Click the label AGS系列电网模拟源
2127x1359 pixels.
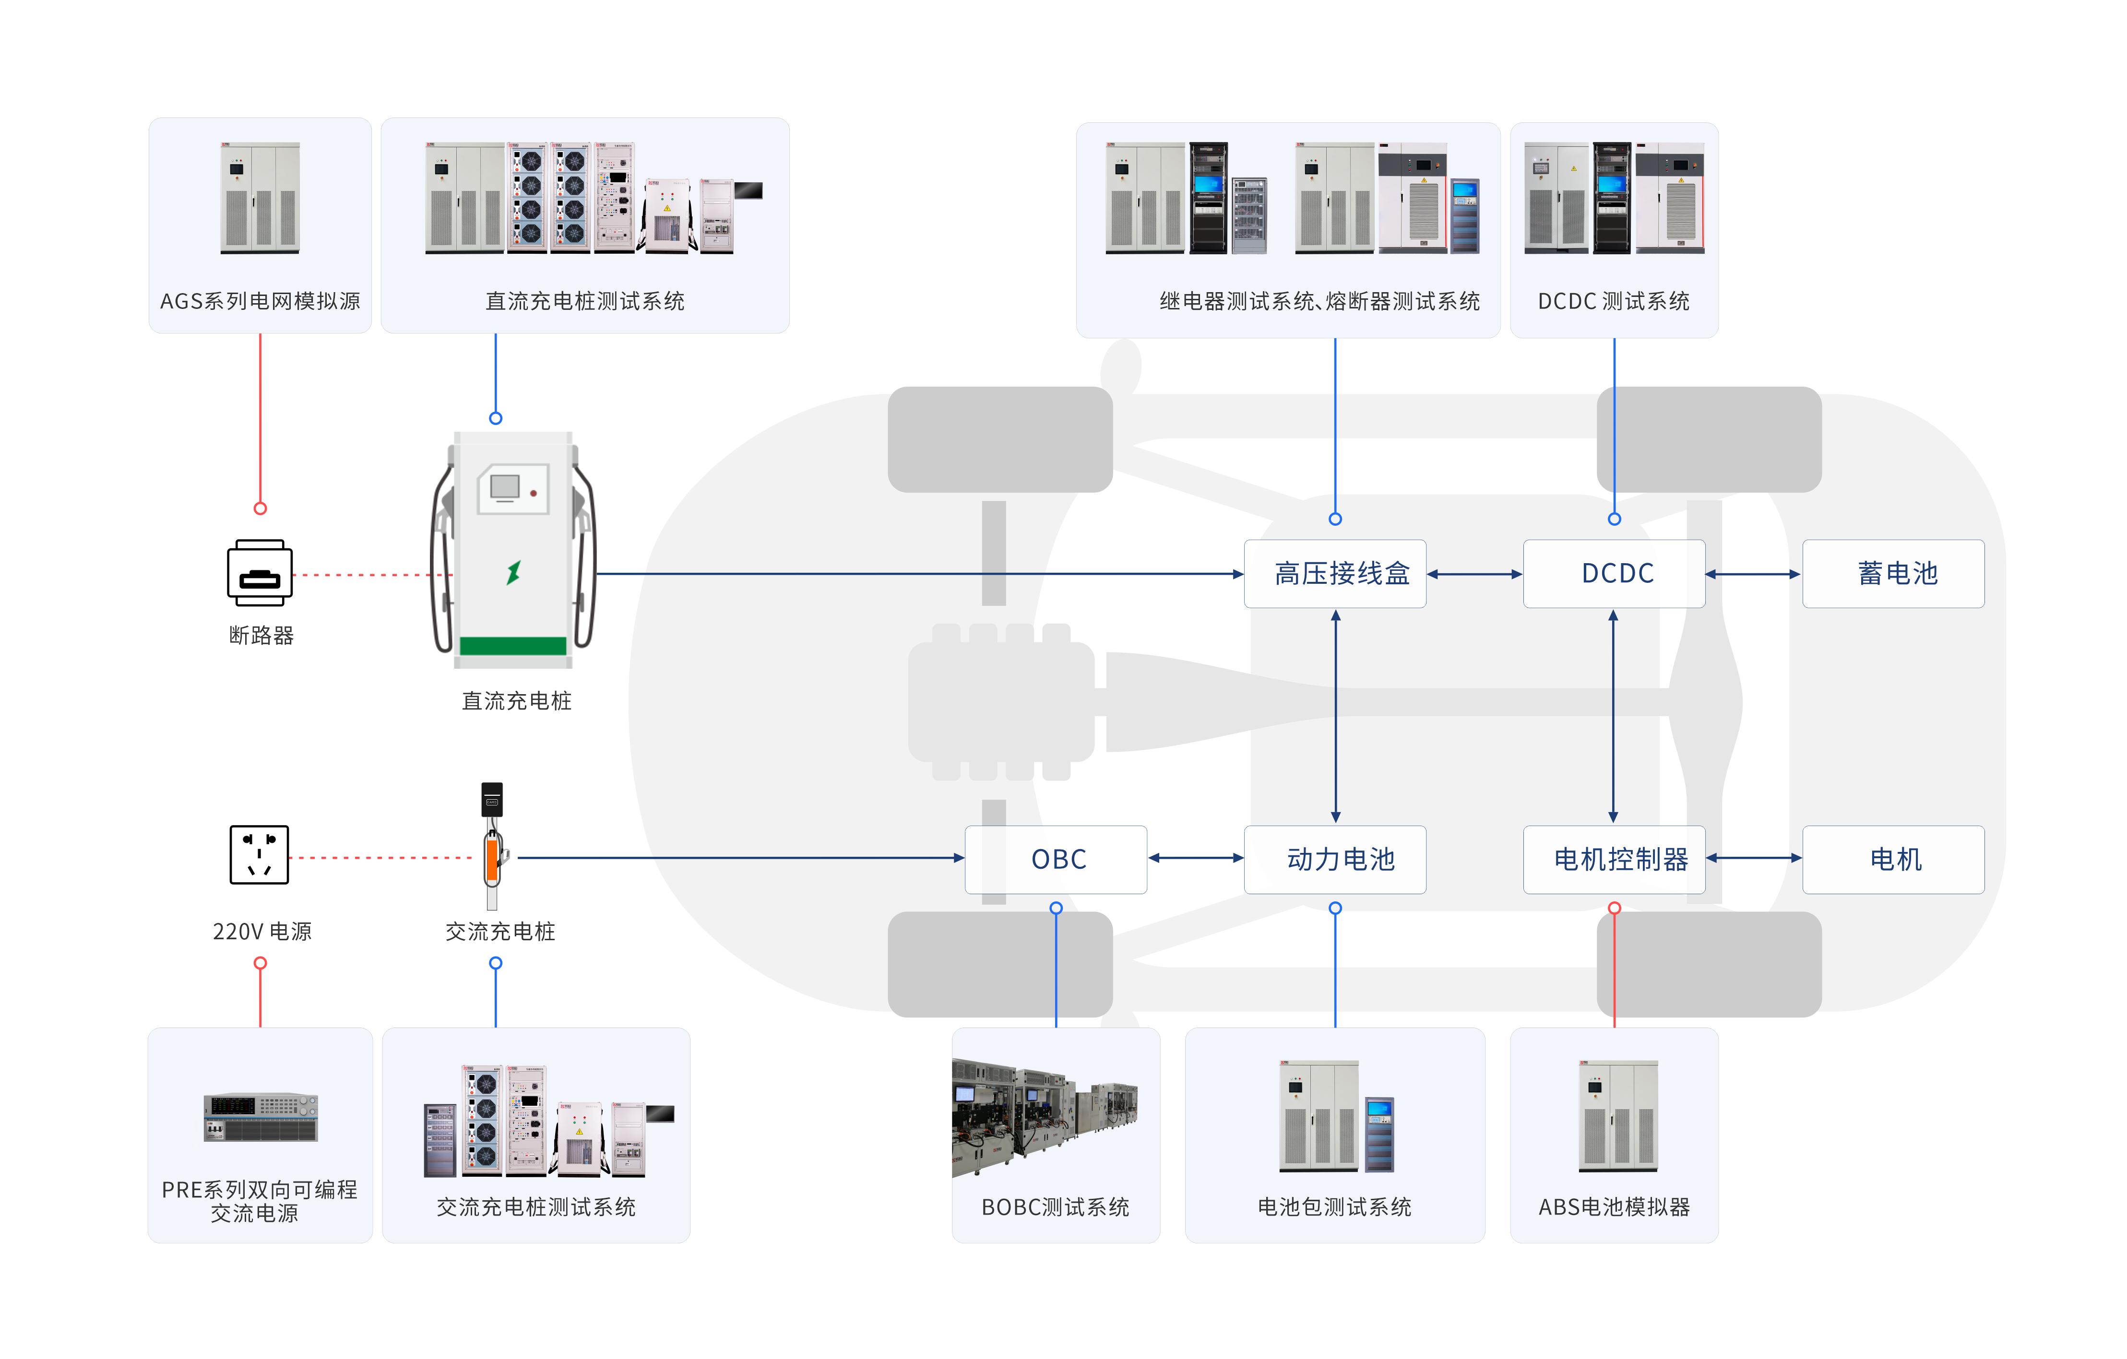[260, 301]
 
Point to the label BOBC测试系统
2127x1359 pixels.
[1056, 1207]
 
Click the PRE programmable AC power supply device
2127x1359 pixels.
[261, 1117]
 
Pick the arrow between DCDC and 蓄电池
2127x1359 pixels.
[1753, 574]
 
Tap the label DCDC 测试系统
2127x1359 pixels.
[1614, 301]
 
